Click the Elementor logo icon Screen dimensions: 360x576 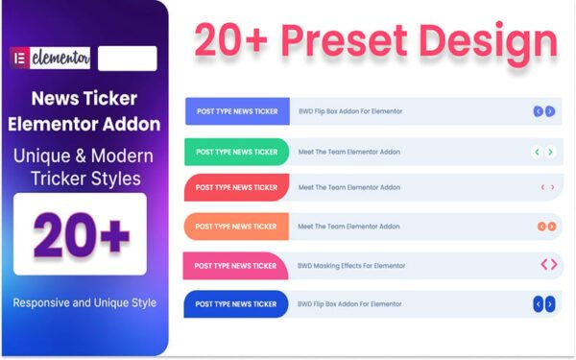click(18, 59)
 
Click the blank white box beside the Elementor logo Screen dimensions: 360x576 click(127, 59)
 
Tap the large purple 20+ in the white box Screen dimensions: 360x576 click(81, 234)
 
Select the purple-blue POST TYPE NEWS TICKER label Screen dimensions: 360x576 click(237, 111)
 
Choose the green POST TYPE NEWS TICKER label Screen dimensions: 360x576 click(236, 152)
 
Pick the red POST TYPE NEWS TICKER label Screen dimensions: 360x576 click(236, 187)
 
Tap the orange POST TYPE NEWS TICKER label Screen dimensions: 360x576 click(236, 227)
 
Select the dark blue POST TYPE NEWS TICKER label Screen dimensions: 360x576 click(236, 304)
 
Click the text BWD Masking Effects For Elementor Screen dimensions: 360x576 click(351, 266)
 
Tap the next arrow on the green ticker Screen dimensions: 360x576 click(550, 152)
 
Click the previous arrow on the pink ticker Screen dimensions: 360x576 click(542, 265)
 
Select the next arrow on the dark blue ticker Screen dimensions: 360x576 click(550, 304)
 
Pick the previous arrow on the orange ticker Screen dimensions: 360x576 click(541, 227)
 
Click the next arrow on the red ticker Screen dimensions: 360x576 click(552, 187)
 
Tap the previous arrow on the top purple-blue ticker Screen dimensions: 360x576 click(539, 111)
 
